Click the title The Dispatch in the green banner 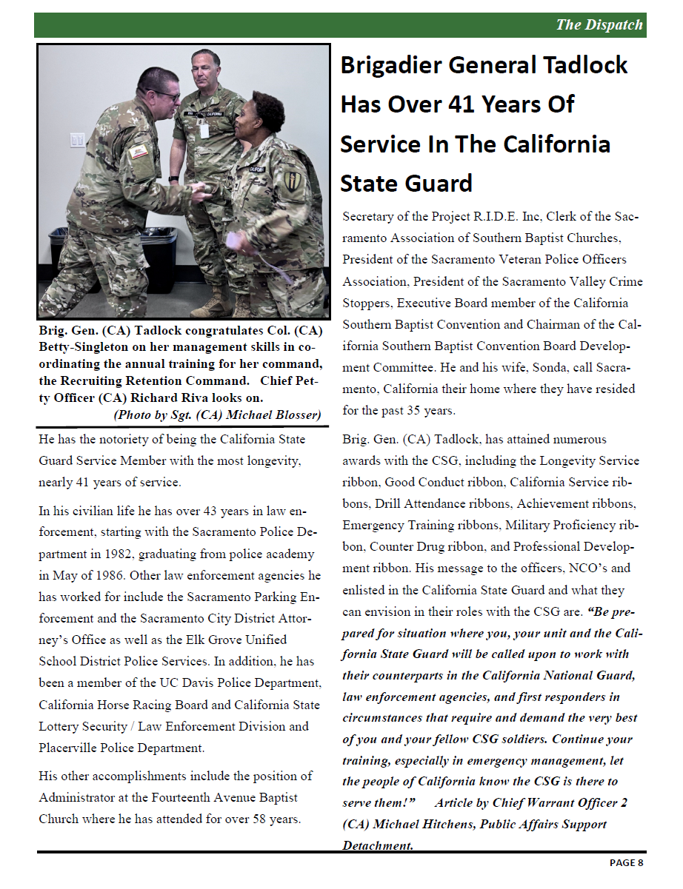coord(599,25)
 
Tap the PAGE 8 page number coord(627,862)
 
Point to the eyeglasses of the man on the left coord(164,96)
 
